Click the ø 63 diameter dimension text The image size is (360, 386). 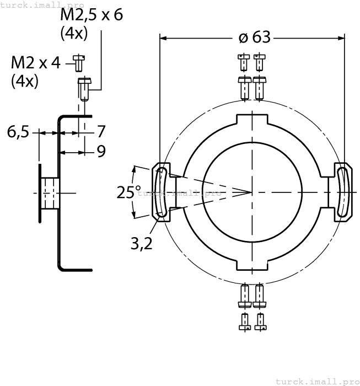tap(254, 37)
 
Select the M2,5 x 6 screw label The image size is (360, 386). tap(92, 15)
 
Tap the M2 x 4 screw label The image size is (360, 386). tap(36, 62)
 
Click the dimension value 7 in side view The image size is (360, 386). tap(101, 132)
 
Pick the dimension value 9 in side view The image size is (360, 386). tap(101, 152)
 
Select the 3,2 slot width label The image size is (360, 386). tap(142, 243)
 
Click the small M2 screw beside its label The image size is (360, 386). tap(79, 63)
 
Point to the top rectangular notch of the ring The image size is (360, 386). tap(252, 119)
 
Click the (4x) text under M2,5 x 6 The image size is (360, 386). tap(73, 33)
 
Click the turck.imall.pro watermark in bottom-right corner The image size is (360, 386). tap(316, 381)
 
